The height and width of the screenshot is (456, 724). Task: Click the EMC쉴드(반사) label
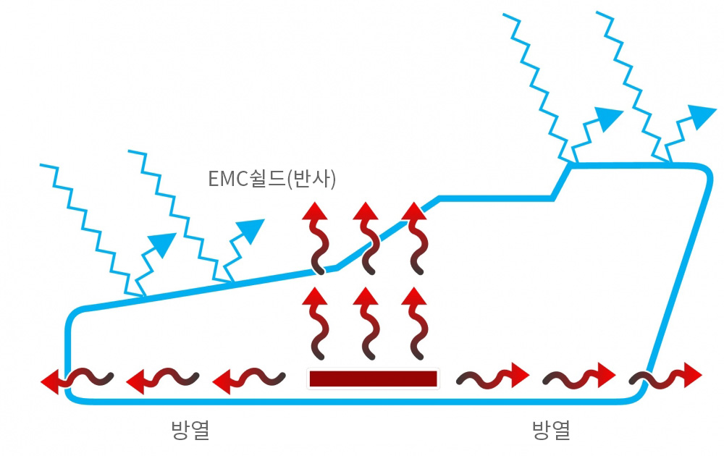[x=272, y=179]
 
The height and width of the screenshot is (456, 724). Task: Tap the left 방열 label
[x=190, y=431]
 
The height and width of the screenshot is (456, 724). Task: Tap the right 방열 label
[x=552, y=431]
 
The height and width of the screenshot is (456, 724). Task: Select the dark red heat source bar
[x=373, y=379]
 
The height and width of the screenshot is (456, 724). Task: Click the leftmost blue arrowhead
[x=166, y=245]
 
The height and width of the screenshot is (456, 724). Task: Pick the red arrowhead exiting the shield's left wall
[x=49, y=379]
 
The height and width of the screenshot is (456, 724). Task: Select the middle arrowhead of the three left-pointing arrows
[x=135, y=380]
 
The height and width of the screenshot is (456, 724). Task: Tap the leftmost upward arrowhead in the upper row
[x=314, y=211]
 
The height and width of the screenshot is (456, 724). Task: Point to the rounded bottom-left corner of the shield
[x=70, y=394]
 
